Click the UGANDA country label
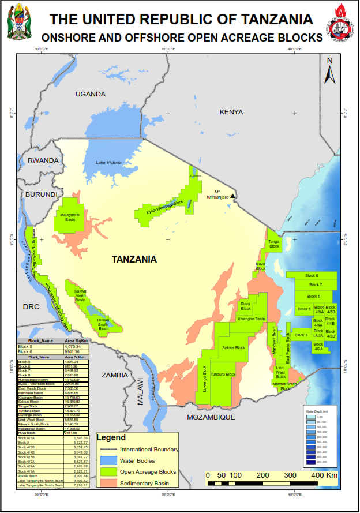(90, 94)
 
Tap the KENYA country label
(231, 112)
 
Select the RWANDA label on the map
(43, 160)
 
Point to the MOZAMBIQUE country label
(211, 417)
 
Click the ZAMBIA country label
(115, 375)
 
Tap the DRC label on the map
(31, 306)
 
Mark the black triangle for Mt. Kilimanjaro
(232, 196)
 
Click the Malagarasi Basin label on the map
(70, 217)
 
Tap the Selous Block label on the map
(233, 347)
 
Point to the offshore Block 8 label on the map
(312, 276)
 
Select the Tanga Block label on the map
(274, 244)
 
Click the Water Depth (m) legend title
(317, 410)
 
